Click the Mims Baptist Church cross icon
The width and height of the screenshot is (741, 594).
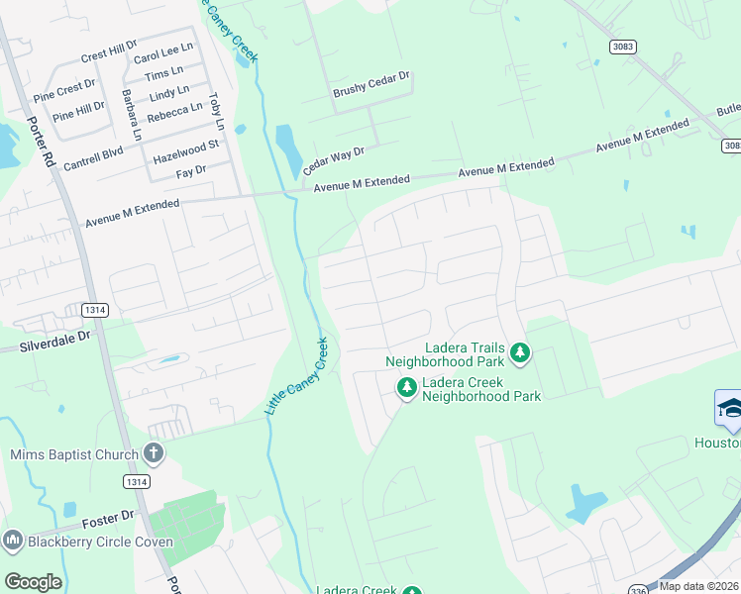tap(153, 453)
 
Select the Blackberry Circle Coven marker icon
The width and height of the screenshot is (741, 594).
tap(13, 541)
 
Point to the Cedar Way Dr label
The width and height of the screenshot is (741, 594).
tap(334, 161)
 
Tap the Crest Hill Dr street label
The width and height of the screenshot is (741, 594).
tap(109, 51)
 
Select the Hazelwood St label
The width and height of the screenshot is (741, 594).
tap(185, 151)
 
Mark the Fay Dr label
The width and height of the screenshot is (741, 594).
tap(190, 171)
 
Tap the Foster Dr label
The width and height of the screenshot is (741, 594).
tap(107, 519)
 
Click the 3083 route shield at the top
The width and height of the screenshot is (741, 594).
tap(624, 47)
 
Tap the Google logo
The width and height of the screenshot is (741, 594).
tap(33, 582)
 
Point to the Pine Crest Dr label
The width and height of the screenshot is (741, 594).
tap(64, 92)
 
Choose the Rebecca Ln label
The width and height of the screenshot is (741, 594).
tap(175, 109)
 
